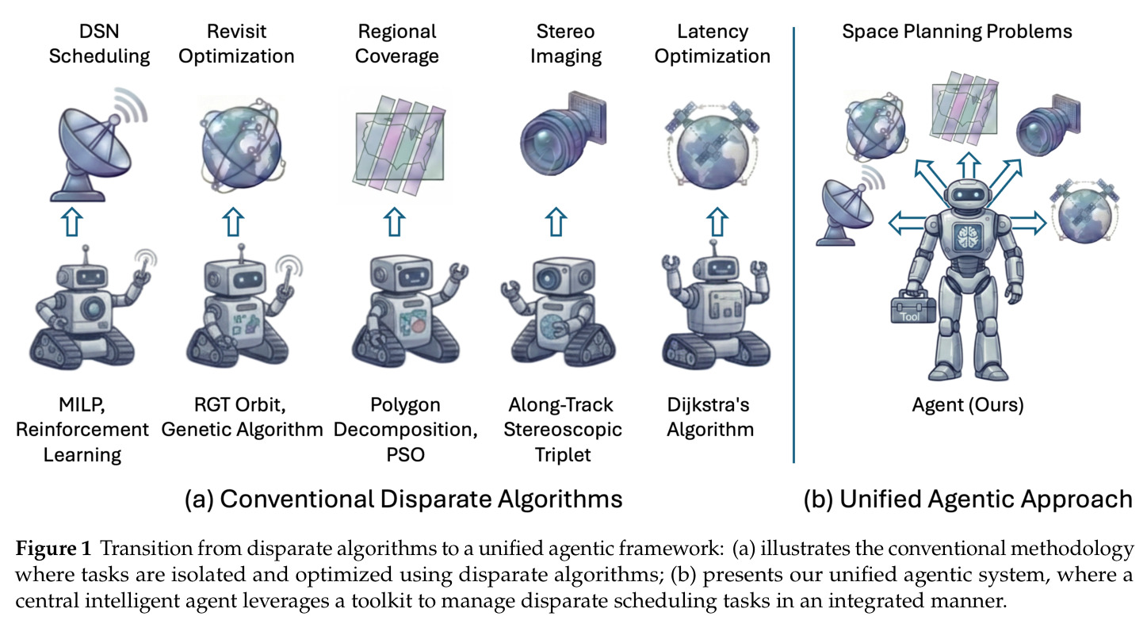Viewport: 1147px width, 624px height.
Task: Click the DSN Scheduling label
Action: point(99,44)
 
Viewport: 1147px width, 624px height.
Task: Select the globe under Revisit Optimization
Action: point(241,145)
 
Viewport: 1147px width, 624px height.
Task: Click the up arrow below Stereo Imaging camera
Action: point(556,222)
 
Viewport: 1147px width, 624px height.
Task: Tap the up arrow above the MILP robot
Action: point(72,222)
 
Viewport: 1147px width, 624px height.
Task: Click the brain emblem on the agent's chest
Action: point(968,237)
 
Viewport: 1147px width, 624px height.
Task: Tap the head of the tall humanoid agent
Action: point(967,194)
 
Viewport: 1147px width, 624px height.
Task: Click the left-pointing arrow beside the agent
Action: point(907,224)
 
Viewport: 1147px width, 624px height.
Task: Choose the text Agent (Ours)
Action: point(968,404)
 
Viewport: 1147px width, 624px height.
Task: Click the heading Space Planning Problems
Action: point(957,32)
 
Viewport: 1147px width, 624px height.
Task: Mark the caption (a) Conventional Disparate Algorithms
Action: point(403,499)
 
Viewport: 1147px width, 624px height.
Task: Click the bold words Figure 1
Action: point(53,548)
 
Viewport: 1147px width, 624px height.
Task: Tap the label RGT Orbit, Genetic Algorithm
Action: point(242,417)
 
